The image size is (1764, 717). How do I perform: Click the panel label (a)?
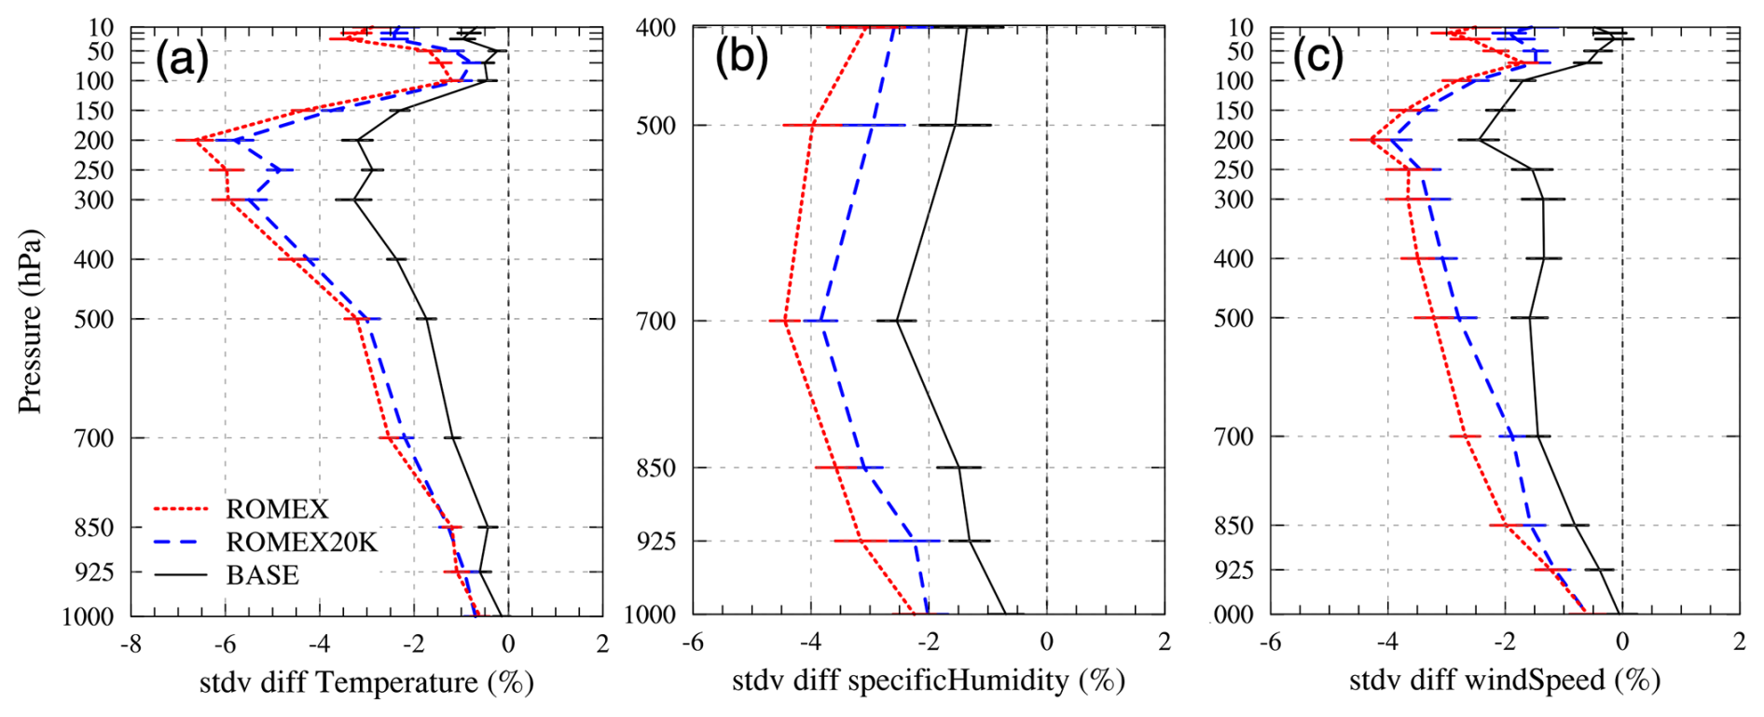click(x=182, y=60)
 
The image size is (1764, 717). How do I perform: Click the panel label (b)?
click(x=741, y=57)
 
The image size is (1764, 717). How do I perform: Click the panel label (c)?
click(x=1317, y=57)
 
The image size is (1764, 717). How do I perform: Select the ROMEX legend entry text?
click(x=277, y=509)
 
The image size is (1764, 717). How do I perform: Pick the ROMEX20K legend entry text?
click(x=301, y=543)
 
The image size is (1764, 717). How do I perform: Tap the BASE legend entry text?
click(x=262, y=575)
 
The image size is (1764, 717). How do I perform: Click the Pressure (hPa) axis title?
click(x=31, y=322)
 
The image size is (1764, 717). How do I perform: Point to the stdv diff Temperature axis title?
click(x=366, y=683)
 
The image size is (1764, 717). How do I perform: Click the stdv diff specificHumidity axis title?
click(x=928, y=681)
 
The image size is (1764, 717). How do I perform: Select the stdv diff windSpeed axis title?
click(x=1504, y=681)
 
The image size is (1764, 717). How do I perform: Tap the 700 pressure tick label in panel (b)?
click(x=656, y=322)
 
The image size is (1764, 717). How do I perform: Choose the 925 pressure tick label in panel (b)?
click(x=656, y=542)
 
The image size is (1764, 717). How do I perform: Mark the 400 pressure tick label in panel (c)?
click(x=1233, y=259)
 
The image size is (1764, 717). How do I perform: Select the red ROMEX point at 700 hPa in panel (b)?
click(x=786, y=321)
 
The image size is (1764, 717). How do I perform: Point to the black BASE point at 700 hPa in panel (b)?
click(x=897, y=321)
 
